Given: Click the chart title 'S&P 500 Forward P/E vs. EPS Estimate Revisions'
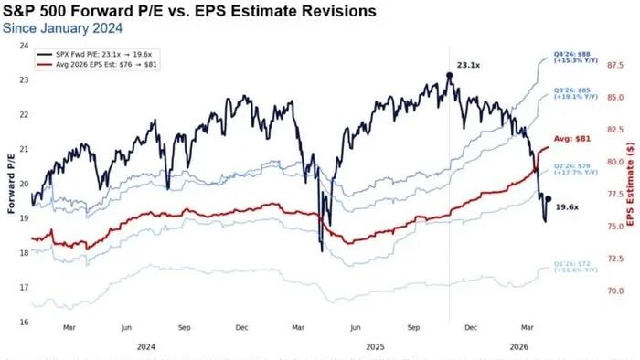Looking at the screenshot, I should tap(189, 12).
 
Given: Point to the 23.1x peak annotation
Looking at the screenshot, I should tap(469, 66).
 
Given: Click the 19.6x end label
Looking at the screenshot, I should tap(568, 207).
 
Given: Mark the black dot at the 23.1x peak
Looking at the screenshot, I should tap(449, 75).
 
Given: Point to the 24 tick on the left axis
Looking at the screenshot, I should tap(23, 45).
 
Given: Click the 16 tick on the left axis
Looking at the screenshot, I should tap(23, 322).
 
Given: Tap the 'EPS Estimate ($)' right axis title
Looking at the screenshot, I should tap(632, 183).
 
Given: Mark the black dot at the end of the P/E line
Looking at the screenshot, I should tap(548, 198).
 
